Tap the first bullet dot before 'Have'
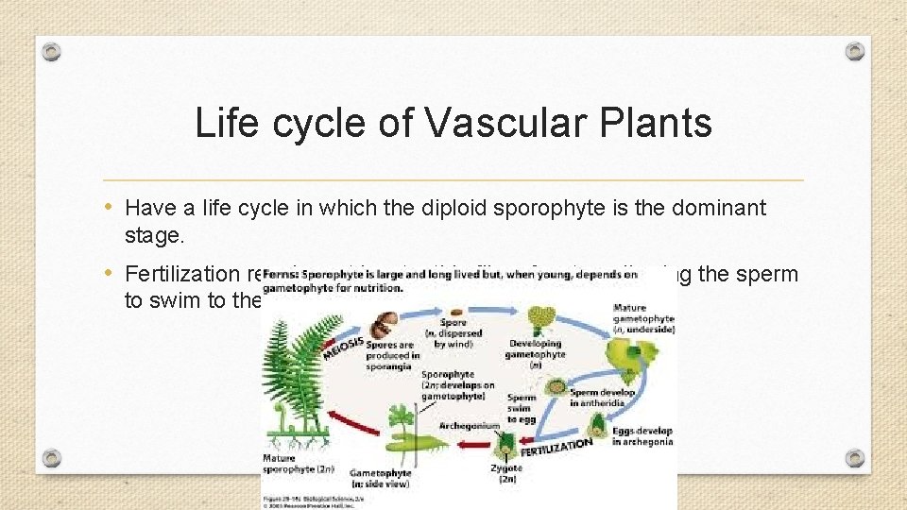coord(111,207)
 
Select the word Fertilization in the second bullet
coord(184,275)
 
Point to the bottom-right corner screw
coord(854,458)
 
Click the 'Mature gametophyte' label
coord(642,319)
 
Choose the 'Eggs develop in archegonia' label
coord(642,435)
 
